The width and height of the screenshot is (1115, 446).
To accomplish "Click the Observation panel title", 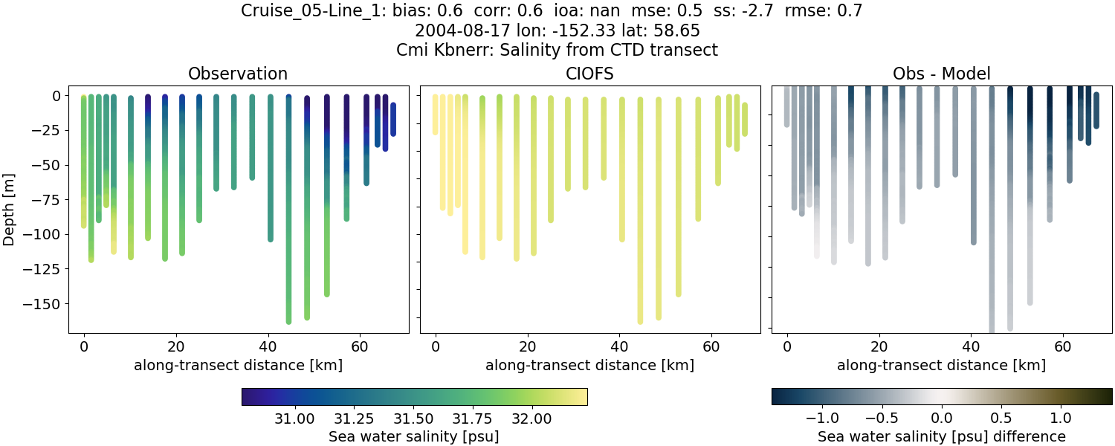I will [238, 74].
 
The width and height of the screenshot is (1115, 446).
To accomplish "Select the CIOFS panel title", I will [589, 74].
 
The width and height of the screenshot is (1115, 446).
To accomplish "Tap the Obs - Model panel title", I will [941, 74].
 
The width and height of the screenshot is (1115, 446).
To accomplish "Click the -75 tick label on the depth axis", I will [48, 199].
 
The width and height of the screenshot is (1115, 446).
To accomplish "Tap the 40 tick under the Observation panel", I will [268, 346].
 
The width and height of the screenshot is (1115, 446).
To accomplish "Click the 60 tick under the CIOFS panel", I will [711, 346].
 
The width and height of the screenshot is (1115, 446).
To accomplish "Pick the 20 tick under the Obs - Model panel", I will [879, 346].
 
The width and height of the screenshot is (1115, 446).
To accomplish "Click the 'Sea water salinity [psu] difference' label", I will [941, 436].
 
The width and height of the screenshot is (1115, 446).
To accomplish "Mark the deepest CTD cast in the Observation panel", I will [289, 223].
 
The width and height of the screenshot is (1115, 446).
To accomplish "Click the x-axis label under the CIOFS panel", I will [589, 365].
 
